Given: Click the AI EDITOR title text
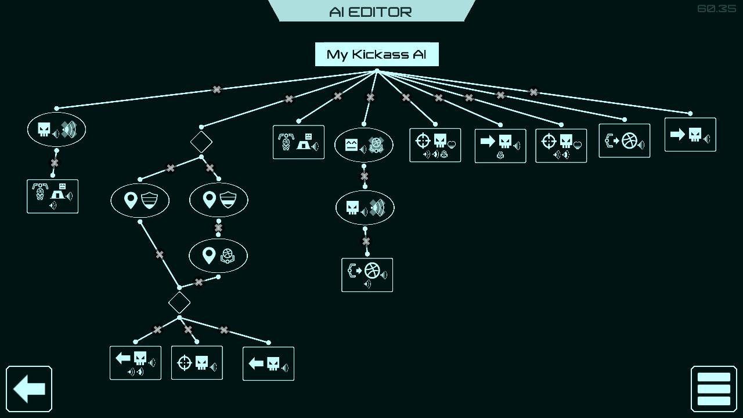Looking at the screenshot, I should click(x=370, y=12).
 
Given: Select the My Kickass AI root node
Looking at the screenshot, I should click(x=377, y=55).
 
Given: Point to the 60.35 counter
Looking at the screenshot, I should click(x=716, y=9).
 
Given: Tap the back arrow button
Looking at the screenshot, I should click(x=29, y=389).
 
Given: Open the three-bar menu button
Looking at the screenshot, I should click(x=713, y=389).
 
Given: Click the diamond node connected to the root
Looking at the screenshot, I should click(x=201, y=142).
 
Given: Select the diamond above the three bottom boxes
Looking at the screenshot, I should click(x=179, y=302).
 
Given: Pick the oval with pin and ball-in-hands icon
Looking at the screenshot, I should click(x=218, y=255).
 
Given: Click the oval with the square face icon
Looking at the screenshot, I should click(x=364, y=145).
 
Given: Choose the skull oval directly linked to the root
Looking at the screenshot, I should click(x=56, y=129).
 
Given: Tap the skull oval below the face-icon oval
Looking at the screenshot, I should click(x=365, y=207).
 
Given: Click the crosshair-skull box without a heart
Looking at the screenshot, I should click(x=197, y=363).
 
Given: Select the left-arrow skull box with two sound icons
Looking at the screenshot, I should click(x=135, y=363).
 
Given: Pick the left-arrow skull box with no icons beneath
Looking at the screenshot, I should click(x=268, y=364).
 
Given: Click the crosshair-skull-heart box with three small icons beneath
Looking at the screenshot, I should click(x=435, y=145).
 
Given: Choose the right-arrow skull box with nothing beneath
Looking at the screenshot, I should click(x=690, y=135).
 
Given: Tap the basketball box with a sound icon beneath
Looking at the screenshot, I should click(x=367, y=275).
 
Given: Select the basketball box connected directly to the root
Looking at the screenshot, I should click(x=625, y=140).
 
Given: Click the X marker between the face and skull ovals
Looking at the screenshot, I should click(x=364, y=176).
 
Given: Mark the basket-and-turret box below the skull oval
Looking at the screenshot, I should click(x=52, y=196).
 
